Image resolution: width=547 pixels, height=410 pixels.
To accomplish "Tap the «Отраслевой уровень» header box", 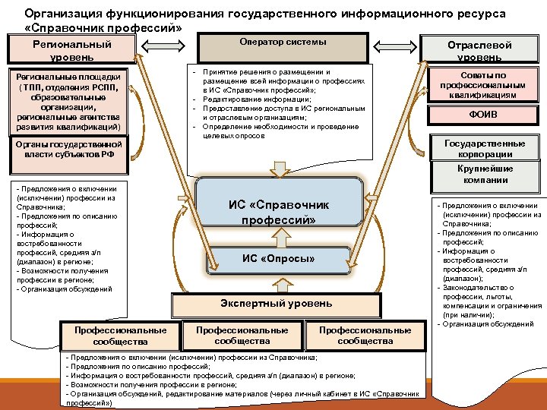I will point(479,51).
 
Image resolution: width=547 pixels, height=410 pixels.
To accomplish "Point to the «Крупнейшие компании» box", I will point(485,174).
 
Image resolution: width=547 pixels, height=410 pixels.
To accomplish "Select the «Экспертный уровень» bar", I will point(277,304).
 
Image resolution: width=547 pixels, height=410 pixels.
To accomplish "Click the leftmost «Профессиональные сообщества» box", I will point(120,336).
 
